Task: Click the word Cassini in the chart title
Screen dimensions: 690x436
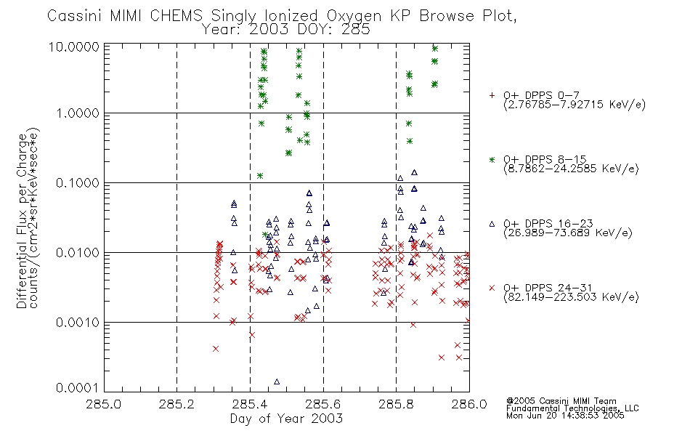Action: (x=75, y=16)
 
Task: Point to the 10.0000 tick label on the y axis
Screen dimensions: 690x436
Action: (x=74, y=47)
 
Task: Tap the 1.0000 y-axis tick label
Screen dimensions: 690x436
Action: (x=78, y=113)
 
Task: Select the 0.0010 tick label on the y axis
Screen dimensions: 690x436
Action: (x=78, y=323)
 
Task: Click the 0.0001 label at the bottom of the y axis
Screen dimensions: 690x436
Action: (x=78, y=387)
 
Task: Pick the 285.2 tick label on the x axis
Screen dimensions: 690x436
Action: (x=176, y=404)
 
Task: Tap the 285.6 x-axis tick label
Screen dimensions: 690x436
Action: (x=323, y=404)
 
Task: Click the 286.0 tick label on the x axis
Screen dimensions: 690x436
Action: (x=469, y=404)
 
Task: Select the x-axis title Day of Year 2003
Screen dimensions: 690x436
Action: (x=286, y=419)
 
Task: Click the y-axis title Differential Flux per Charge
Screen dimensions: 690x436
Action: (x=22, y=221)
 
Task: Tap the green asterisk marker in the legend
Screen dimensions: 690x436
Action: (x=492, y=160)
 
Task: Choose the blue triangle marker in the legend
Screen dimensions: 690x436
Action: (x=492, y=224)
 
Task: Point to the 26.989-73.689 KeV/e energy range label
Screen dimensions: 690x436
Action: (x=568, y=233)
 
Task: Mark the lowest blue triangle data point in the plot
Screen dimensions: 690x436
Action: (x=277, y=381)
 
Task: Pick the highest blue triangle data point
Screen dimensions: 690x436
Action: (x=414, y=173)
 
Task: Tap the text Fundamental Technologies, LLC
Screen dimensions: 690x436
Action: (x=572, y=408)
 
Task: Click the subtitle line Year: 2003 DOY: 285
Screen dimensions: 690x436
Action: (x=286, y=30)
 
